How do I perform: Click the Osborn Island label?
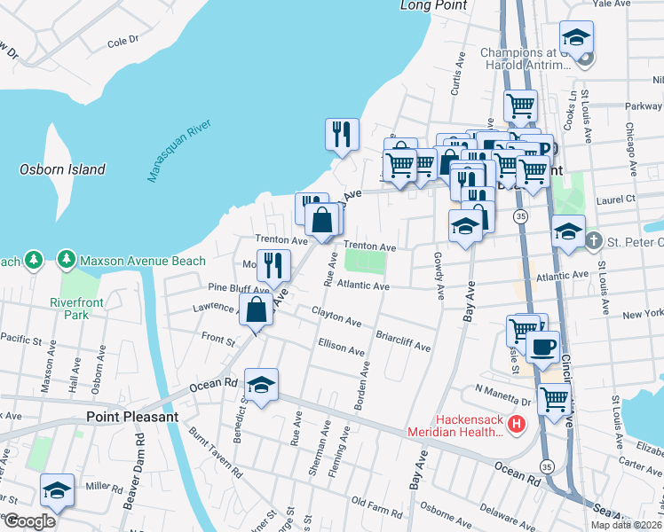pos(62,169)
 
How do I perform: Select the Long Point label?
pos(433,5)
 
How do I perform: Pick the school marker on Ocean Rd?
pos(261,385)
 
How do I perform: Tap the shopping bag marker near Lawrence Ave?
pos(256,309)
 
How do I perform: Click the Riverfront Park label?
pos(77,309)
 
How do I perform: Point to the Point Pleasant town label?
pos(132,417)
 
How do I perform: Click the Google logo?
pos(29,521)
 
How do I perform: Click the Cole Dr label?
pos(123,41)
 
